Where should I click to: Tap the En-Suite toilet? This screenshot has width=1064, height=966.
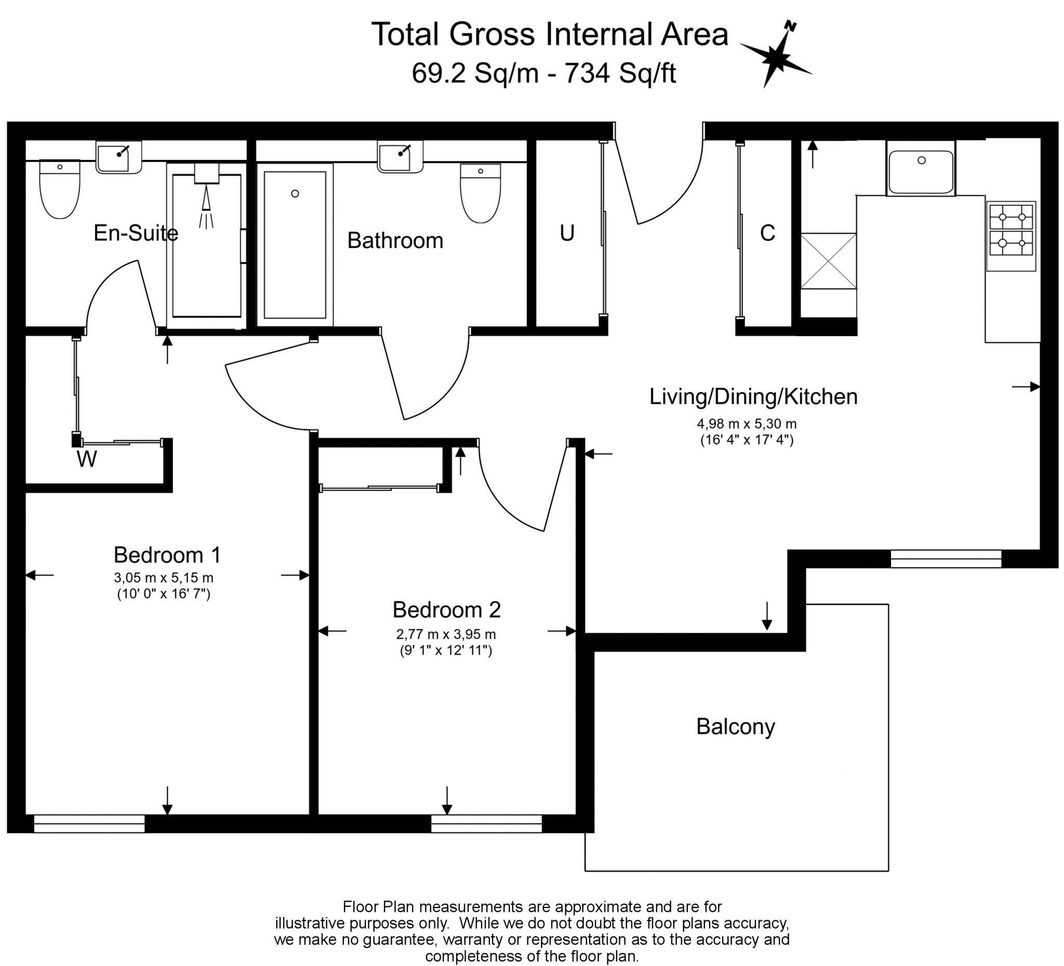tap(60, 190)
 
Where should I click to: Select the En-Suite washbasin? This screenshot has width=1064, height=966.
tap(118, 157)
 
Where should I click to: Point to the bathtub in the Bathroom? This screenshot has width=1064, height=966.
tap(295, 245)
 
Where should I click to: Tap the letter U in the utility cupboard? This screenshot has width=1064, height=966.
tap(567, 233)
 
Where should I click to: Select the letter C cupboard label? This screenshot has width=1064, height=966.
tap(767, 233)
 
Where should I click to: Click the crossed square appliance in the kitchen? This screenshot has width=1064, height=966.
tap(828, 261)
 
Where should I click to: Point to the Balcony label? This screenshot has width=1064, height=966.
tap(735, 727)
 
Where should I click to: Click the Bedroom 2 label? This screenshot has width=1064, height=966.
tap(446, 610)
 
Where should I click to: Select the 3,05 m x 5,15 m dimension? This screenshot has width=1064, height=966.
tap(164, 578)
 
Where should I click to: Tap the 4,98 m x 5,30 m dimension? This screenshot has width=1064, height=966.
tap(746, 424)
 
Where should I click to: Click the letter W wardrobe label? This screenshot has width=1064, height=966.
tap(87, 460)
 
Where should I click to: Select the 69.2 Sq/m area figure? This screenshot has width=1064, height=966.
tap(474, 73)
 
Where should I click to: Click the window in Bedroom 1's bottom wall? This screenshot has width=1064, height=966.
tap(89, 824)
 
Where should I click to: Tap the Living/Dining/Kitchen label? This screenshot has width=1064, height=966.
tap(753, 397)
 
